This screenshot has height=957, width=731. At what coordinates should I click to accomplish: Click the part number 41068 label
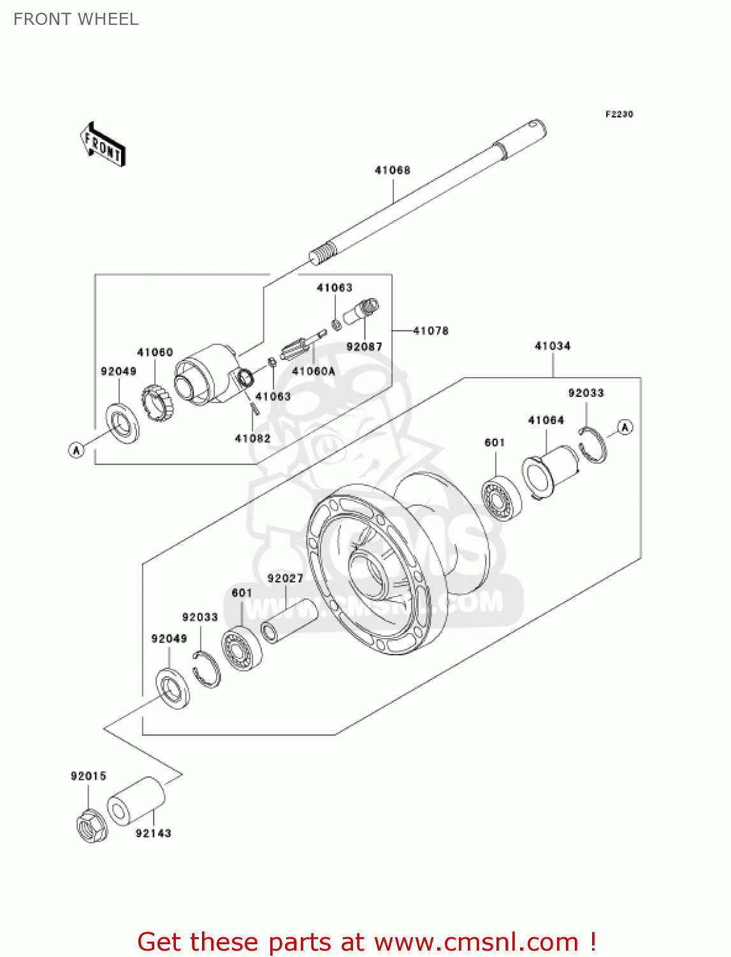coord(392,170)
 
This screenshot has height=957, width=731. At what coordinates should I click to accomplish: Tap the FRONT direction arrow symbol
coord(103,145)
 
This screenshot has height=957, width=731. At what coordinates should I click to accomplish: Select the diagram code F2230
coord(619,114)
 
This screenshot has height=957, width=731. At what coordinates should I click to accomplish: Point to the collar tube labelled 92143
coord(136,801)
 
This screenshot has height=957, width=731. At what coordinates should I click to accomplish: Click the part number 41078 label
coord(431,330)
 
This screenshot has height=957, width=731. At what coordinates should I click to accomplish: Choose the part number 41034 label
coord(553,346)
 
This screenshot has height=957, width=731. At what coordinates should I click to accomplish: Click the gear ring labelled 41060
coord(157,402)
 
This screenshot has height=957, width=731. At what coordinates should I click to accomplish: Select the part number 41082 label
coord(252,438)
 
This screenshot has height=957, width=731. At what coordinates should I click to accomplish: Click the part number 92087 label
coord(364,346)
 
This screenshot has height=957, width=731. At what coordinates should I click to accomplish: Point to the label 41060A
coord(313,371)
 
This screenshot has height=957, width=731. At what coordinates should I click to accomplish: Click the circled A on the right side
coord(625,427)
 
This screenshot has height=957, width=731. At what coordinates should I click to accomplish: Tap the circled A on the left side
coord(76,450)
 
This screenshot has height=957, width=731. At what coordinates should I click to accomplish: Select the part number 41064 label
coord(546,420)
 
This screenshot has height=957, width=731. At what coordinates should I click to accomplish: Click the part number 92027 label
coord(285,578)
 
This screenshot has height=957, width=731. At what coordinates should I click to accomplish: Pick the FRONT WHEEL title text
coord(76,19)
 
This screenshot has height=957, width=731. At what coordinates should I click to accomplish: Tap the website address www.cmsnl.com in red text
coord(476,942)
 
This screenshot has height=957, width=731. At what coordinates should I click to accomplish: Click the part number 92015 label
coord(89,776)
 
